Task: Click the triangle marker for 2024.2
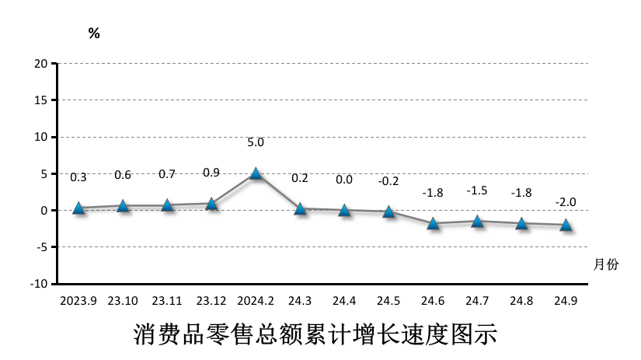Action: (256, 173)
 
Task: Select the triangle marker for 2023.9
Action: (78, 208)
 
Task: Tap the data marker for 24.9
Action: (566, 225)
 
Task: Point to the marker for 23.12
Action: (211, 204)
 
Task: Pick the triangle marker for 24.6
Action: (433, 223)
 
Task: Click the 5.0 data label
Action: (256, 143)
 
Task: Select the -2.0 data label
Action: (566, 202)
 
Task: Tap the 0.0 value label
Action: (344, 180)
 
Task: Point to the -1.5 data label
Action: (477, 190)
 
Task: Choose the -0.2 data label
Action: (388, 181)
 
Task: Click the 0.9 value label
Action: (211, 173)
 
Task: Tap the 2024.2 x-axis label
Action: (256, 300)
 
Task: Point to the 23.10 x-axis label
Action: (123, 300)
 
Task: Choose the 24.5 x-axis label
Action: (388, 300)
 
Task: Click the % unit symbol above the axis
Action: (94, 33)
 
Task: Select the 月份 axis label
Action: (606, 264)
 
